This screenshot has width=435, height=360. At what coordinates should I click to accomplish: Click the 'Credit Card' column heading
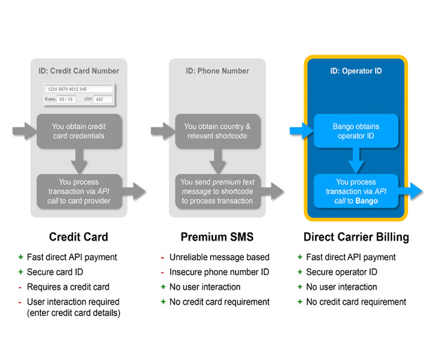pyautogui.click(x=79, y=237)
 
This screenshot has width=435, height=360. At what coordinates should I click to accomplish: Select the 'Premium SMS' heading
pyautogui.click(x=217, y=237)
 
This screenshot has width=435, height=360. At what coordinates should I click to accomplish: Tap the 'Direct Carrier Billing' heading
pyautogui.click(x=356, y=237)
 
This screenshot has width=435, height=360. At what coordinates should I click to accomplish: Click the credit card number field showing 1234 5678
pyautogui.click(x=79, y=89)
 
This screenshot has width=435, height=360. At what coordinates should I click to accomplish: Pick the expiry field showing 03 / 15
pyautogui.click(x=66, y=99)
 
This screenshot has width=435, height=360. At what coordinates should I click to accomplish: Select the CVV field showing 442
pyautogui.click(x=103, y=99)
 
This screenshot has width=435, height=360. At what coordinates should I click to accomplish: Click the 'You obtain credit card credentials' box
pyautogui.click(x=79, y=131)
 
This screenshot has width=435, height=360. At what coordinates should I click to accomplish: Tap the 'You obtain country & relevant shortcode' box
pyautogui.click(x=218, y=131)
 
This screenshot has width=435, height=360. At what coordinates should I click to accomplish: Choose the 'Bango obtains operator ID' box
pyautogui.click(x=356, y=131)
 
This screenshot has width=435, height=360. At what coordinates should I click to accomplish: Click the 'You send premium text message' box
pyautogui.click(x=218, y=191)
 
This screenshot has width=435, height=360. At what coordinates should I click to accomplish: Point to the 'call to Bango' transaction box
pyautogui.click(x=356, y=191)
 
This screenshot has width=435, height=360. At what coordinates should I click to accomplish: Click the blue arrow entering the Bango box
pyautogui.click(x=301, y=131)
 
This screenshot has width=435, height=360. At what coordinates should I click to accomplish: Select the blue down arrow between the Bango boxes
pyautogui.click(x=356, y=161)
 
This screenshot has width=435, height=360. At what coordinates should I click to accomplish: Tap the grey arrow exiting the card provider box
pyautogui.click(x=134, y=191)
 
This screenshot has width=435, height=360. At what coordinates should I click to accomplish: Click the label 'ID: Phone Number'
pyautogui.click(x=218, y=71)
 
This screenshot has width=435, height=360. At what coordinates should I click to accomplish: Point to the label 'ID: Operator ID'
pyautogui.click(x=356, y=71)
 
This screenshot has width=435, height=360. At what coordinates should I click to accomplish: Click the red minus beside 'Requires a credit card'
pyautogui.click(x=20, y=288)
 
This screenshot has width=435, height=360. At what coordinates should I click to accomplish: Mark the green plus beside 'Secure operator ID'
pyautogui.click(x=300, y=272)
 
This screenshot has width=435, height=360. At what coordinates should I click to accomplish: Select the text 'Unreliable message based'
pyautogui.click(x=219, y=257)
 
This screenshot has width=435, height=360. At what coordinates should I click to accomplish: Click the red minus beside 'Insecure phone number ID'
pyautogui.click(x=162, y=272)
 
